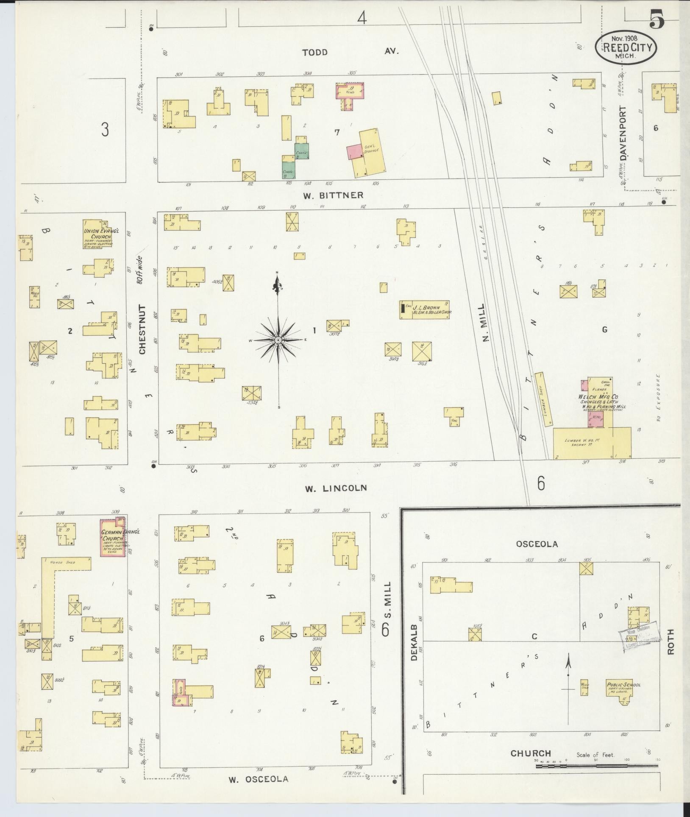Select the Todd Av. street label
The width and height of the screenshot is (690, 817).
point(350,52)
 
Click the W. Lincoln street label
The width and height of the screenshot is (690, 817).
point(335,488)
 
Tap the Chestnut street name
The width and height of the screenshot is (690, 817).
point(142,329)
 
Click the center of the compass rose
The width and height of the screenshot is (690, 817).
point(278,340)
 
